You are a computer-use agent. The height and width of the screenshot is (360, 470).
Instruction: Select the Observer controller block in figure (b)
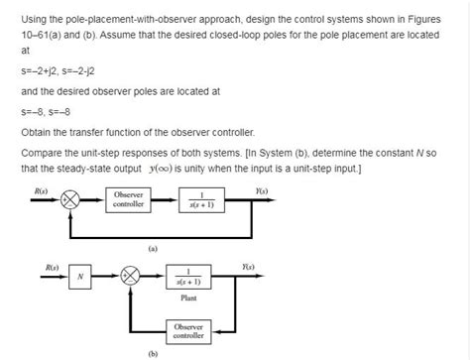tap(189, 328)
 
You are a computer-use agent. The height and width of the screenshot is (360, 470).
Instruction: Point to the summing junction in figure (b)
tap(130, 277)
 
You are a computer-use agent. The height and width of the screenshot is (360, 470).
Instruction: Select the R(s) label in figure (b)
tap(49, 266)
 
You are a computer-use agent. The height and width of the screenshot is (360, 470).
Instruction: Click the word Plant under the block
tap(188, 298)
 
